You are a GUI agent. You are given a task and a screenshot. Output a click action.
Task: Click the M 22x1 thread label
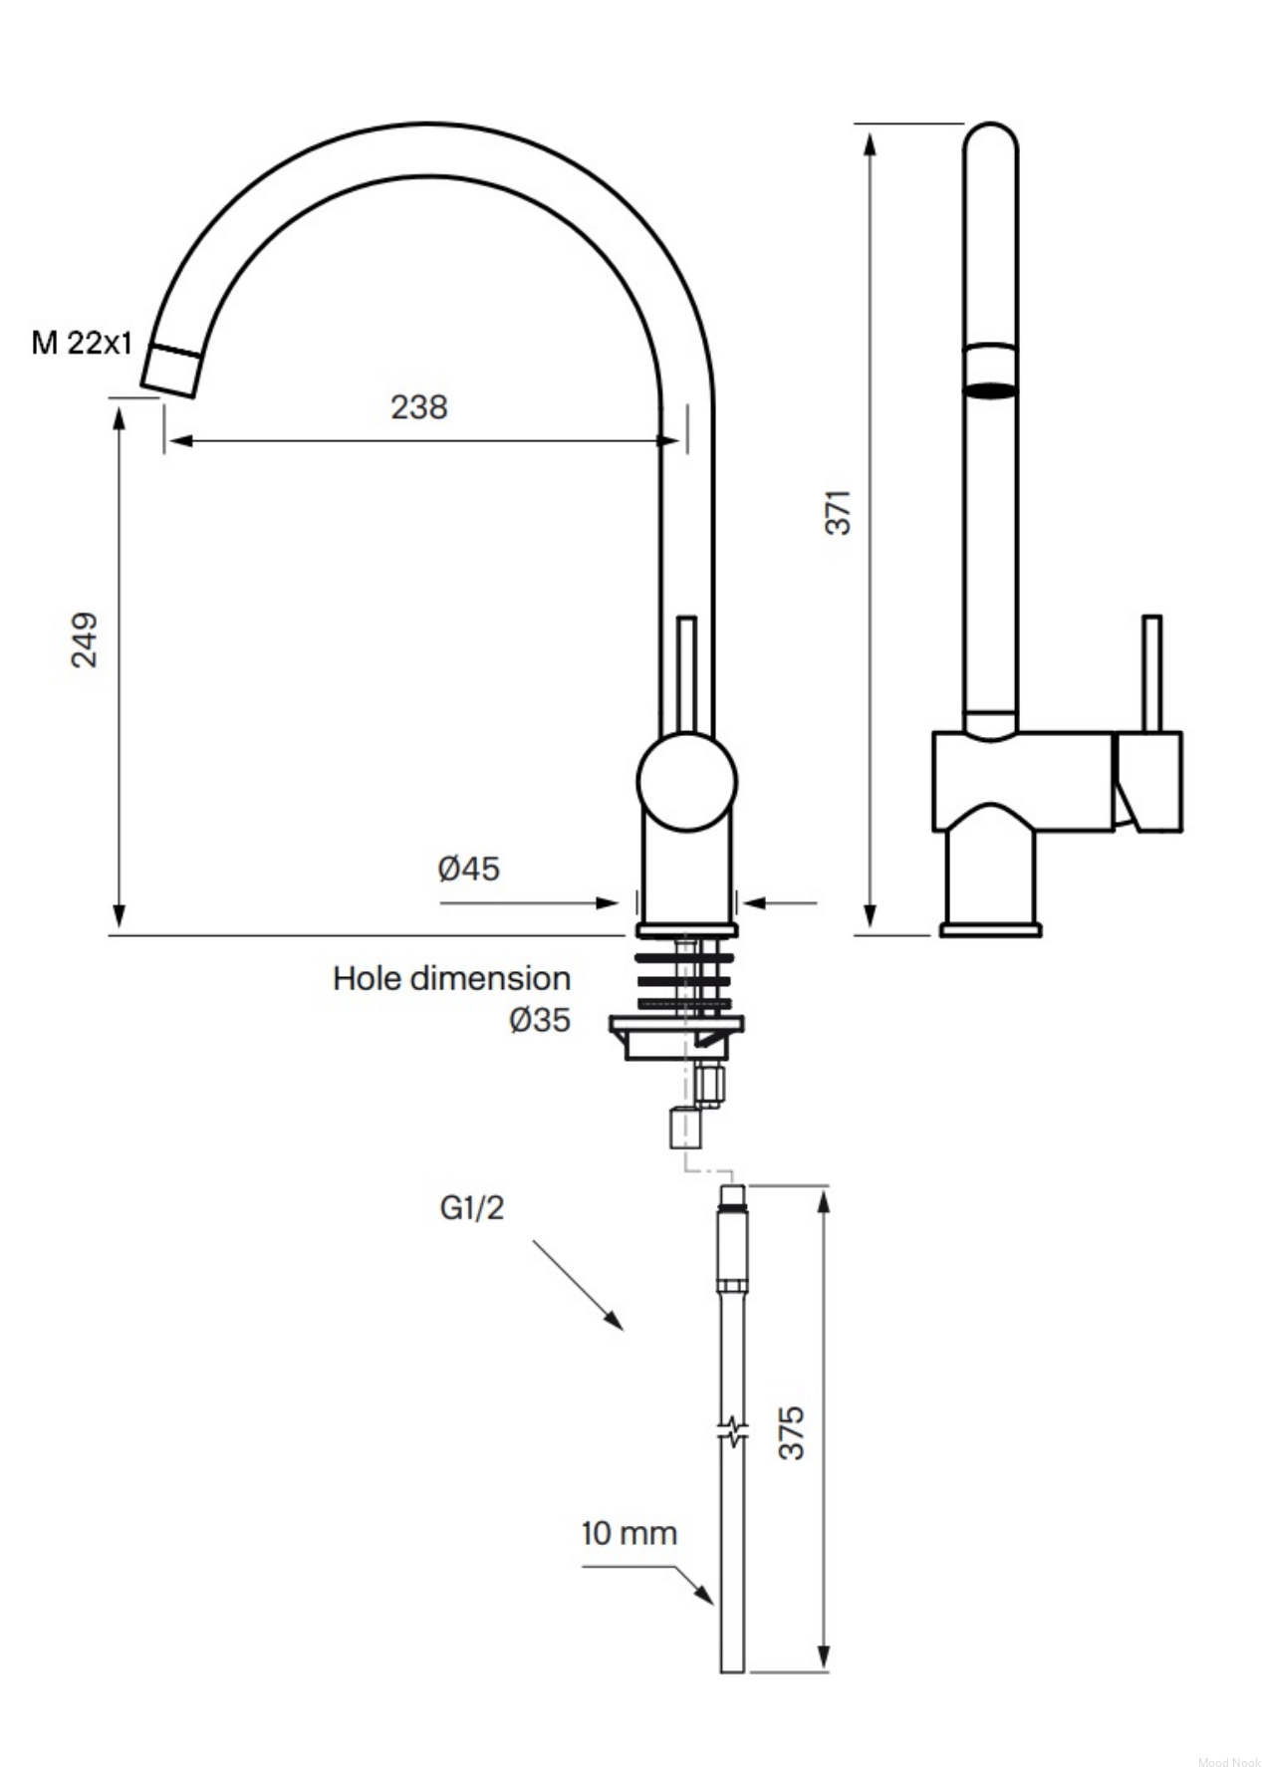tap(82, 343)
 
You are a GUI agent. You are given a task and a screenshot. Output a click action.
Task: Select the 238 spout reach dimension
tap(418, 406)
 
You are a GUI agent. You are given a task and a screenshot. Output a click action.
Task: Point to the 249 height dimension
tap(85, 639)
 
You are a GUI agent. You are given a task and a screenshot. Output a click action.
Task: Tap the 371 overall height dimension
tap(839, 512)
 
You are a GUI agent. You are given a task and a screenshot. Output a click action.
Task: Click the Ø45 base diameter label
tap(468, 869)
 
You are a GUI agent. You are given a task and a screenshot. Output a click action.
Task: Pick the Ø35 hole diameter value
tap(540, 1020)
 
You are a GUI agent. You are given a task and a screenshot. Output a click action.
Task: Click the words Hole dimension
tap(451, 978)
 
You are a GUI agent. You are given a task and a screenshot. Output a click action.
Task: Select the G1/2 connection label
tap(472, 1207)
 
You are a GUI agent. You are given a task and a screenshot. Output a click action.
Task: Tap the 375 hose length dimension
tap(792, 1433)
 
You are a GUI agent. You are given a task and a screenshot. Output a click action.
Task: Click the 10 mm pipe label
tap(629, 1533)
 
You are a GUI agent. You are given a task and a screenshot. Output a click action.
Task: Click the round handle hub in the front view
tap(686, 782)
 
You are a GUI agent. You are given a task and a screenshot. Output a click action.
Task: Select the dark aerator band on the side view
tap(991, 389)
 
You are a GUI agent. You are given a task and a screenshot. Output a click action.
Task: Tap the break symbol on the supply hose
tap(732, 1432)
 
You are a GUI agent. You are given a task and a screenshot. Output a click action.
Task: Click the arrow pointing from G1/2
tap(578, 1285)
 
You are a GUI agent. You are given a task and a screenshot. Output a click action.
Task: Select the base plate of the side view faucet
tap(991, 929)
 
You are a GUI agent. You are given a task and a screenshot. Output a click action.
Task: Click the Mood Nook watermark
tap(1229, 1754)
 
